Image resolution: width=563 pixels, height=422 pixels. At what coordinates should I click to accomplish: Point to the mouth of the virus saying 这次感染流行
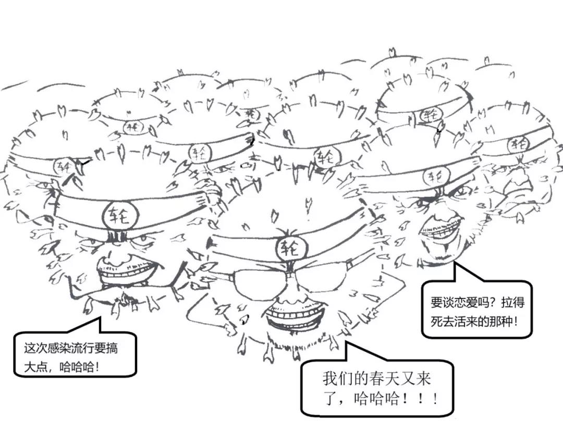coord(128,271)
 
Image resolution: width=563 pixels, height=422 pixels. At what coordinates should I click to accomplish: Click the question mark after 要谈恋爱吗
coord(494,303)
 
